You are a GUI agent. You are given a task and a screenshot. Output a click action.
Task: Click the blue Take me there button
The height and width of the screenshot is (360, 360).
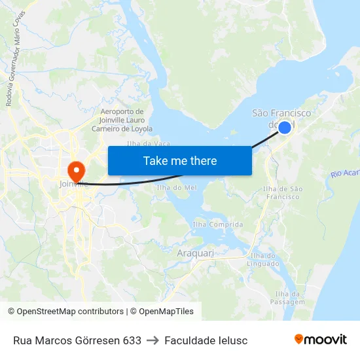click(180, 161)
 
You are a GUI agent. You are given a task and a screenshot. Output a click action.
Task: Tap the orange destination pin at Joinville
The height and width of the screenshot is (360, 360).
click(77, 171)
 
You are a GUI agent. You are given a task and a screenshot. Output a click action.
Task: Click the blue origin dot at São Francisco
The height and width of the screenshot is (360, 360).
click(285, 127)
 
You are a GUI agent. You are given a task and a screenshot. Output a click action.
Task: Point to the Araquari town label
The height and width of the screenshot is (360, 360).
click(194, 252)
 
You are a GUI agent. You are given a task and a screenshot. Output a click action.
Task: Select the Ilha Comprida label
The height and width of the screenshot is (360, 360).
click(218, 225)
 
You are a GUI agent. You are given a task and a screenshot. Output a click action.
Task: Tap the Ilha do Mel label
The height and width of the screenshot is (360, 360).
click(177, 188)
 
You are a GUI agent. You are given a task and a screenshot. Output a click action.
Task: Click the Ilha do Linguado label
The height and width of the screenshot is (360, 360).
click(263, 259)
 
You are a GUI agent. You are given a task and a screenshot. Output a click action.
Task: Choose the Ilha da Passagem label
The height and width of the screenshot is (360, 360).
click(291, 298)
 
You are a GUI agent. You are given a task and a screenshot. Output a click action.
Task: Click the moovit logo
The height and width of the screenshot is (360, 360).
click(320, 340)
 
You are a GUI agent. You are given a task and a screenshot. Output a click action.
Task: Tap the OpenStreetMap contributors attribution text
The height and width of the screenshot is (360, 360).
click(67, 312)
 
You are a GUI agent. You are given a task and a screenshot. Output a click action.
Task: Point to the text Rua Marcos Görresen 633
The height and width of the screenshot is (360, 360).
click(77, 340)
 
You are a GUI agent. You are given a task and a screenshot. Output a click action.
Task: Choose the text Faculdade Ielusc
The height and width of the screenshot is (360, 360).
click(206, 340)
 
